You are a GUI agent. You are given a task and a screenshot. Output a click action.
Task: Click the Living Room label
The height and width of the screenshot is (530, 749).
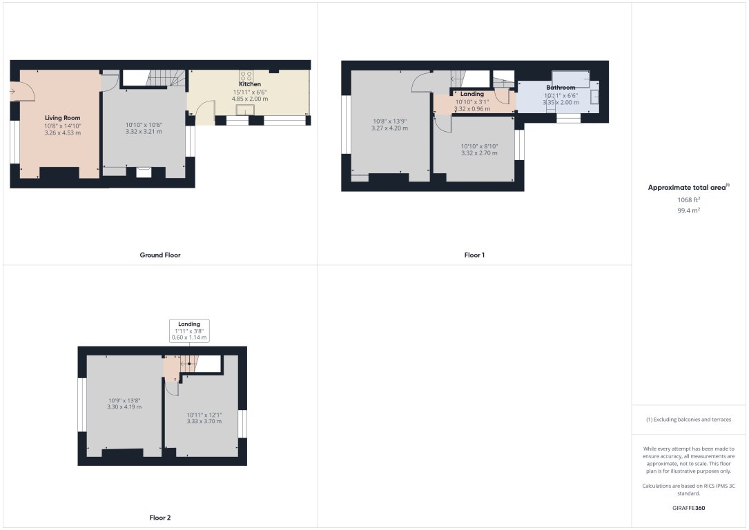click(63, 118)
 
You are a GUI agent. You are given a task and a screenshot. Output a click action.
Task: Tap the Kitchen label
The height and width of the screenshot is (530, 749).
click(250, 84)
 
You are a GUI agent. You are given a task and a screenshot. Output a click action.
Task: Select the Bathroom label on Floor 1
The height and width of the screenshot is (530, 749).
click(561, 88)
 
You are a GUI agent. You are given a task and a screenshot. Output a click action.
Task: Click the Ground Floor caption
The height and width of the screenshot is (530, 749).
click(160, 255)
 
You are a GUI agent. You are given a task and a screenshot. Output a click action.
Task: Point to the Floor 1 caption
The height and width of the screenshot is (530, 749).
click(474, 255)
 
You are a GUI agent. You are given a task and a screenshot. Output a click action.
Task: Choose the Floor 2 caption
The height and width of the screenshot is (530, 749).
click(160, 518)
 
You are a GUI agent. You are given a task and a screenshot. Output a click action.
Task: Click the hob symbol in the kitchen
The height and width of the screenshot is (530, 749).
click(246, 75)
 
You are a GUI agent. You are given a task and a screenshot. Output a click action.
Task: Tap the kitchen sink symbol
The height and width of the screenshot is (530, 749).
click(246, 110)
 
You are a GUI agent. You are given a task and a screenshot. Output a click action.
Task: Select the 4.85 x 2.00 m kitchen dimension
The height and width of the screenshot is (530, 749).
click(250, 99)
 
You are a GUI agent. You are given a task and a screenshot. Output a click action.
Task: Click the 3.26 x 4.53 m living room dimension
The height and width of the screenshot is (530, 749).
click(63, 132)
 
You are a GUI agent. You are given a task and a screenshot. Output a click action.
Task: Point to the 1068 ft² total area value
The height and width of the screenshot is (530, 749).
click(689, 199)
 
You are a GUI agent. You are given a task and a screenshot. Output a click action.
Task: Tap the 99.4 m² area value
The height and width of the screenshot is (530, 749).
click(689, 210)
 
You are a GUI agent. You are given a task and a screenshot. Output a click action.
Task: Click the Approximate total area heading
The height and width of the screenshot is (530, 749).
click(688, 187)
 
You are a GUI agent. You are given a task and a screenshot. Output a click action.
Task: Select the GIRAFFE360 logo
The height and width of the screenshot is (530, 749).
click(688, 508)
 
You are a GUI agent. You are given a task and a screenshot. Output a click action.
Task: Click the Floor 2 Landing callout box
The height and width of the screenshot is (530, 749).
click(189, 331)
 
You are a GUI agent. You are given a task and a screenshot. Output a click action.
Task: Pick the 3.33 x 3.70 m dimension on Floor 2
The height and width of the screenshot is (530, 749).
click(204, 421)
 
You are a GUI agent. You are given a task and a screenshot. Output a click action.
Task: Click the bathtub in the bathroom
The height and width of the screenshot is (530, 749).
click(571, 79)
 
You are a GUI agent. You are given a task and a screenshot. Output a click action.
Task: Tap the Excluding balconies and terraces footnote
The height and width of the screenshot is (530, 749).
click(688, 420)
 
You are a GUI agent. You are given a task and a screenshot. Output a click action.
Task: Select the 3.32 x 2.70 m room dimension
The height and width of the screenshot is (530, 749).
click(479, 153)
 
